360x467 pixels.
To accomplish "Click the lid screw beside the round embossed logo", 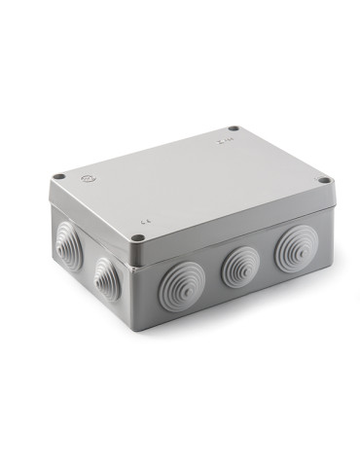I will (x=60, y=176).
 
